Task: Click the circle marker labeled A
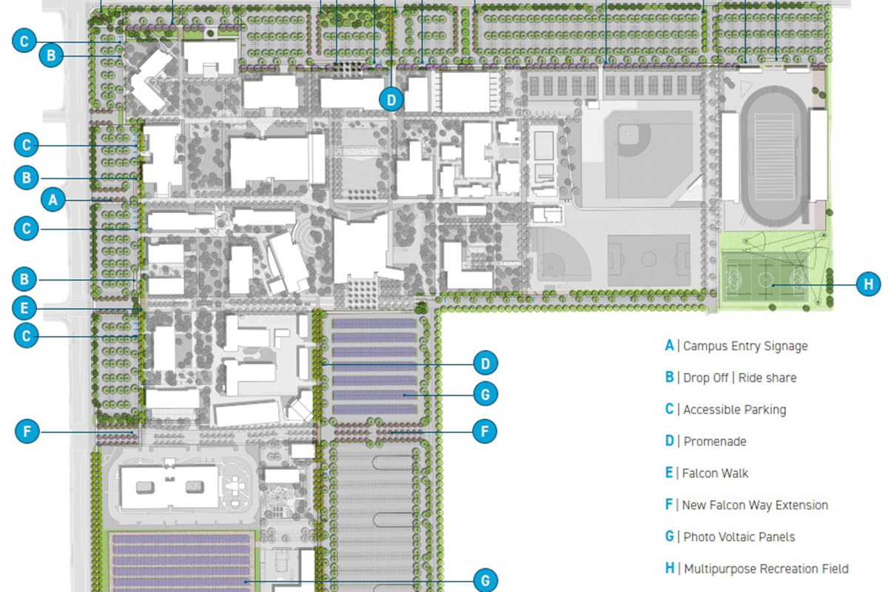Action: [52, 198]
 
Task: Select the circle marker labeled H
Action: [868, 283]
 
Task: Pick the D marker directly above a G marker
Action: [485, 363]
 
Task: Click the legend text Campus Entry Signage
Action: [745, 346]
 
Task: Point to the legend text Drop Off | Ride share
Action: [740, 377]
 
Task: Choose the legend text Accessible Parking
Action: [735, 409]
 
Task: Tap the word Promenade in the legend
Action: [715, 441]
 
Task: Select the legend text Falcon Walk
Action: [716, 473]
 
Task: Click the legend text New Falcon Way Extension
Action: [756, 505]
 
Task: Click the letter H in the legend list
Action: [670, 568]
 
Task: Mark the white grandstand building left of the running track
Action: [730, 157]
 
